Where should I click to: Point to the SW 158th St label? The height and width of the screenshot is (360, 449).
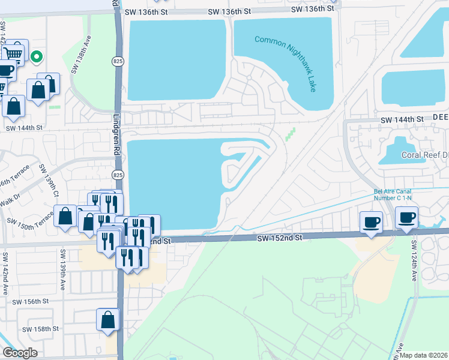[41, 329]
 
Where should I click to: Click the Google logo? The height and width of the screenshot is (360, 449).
[19, 352]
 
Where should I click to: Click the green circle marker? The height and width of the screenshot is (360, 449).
[37, 57]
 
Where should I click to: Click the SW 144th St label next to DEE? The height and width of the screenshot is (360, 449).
[402, 120]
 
